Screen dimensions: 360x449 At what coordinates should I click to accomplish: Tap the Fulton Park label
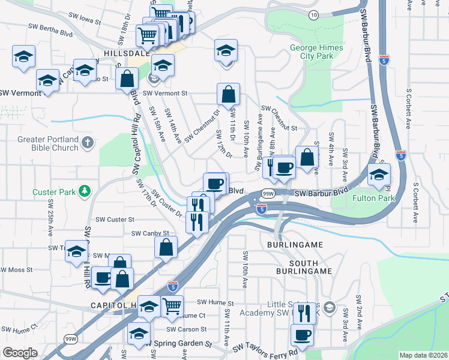373,197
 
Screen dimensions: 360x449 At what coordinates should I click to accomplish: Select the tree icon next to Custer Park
85,191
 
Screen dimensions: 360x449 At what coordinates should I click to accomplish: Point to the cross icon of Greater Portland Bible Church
88,143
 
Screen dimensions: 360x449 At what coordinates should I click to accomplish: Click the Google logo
20,352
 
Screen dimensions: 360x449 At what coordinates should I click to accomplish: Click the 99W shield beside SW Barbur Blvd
268,193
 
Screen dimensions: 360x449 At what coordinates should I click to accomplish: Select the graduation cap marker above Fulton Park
379,175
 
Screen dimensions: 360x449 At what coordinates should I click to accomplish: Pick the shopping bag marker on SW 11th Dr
228,94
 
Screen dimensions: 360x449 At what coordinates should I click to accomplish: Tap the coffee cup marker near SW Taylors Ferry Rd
302,335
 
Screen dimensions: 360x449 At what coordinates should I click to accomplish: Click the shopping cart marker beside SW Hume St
172,305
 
